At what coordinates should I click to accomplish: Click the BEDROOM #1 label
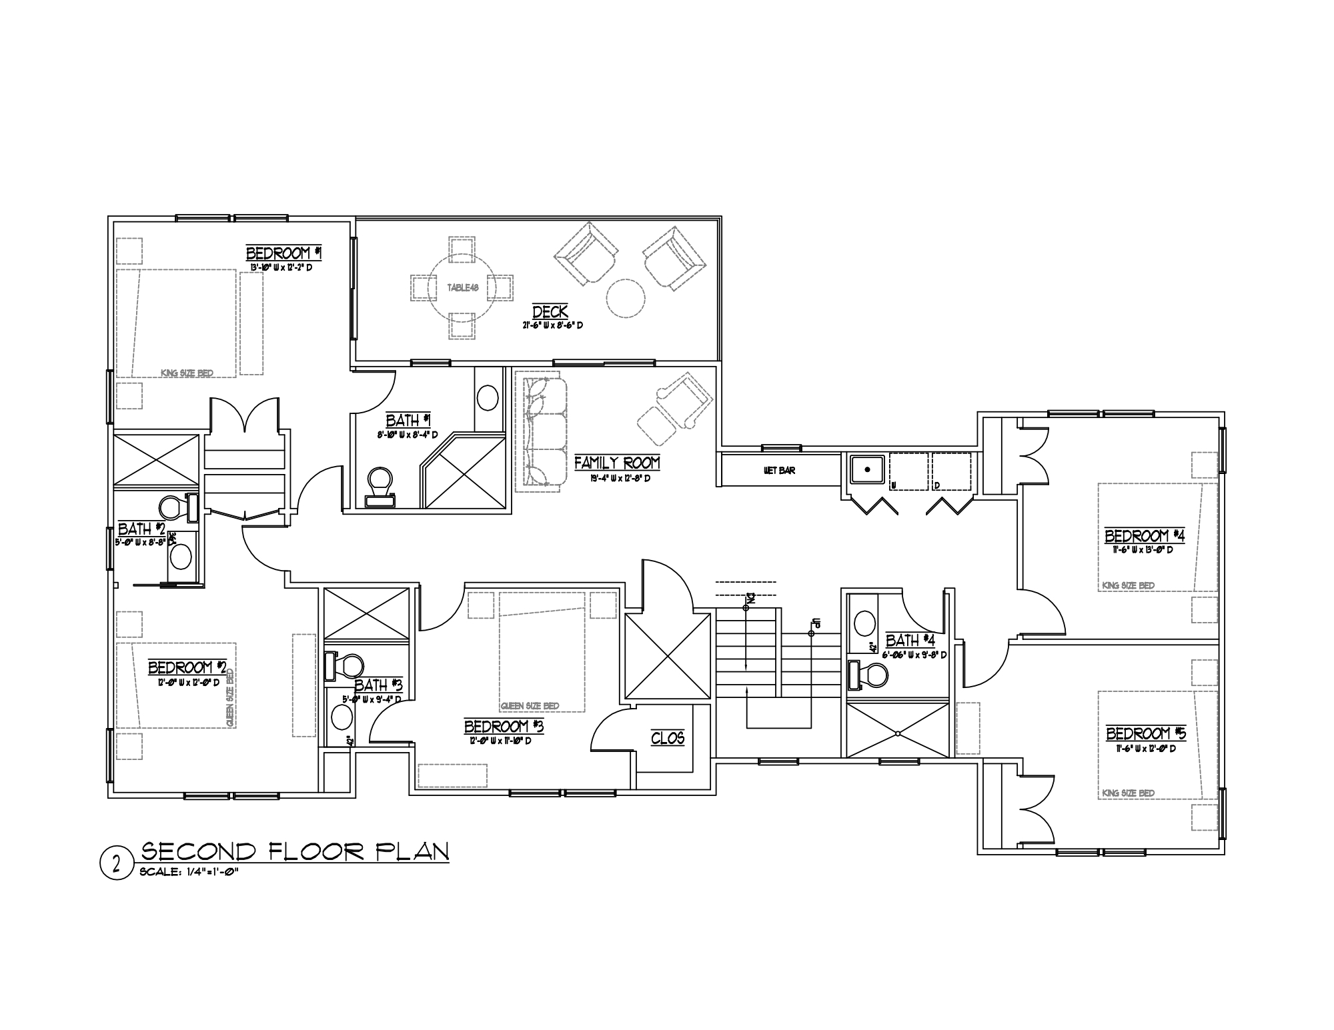tap(284, 253)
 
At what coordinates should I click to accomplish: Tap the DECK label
tap(550, 311)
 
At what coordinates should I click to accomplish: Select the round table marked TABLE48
tap(462, 288)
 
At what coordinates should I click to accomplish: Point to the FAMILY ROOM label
tap(617, 463)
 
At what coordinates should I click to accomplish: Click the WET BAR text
tap(779, 471)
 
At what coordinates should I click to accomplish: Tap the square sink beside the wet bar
tap(867, 471)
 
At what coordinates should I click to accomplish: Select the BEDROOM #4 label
tap(1145, 536)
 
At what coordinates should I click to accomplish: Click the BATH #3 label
tap(378, 685)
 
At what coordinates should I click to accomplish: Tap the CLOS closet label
tap(668, 738)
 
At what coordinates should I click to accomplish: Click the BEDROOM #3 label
tap(504, 726)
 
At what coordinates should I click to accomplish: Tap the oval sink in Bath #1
tap(488, 398)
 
